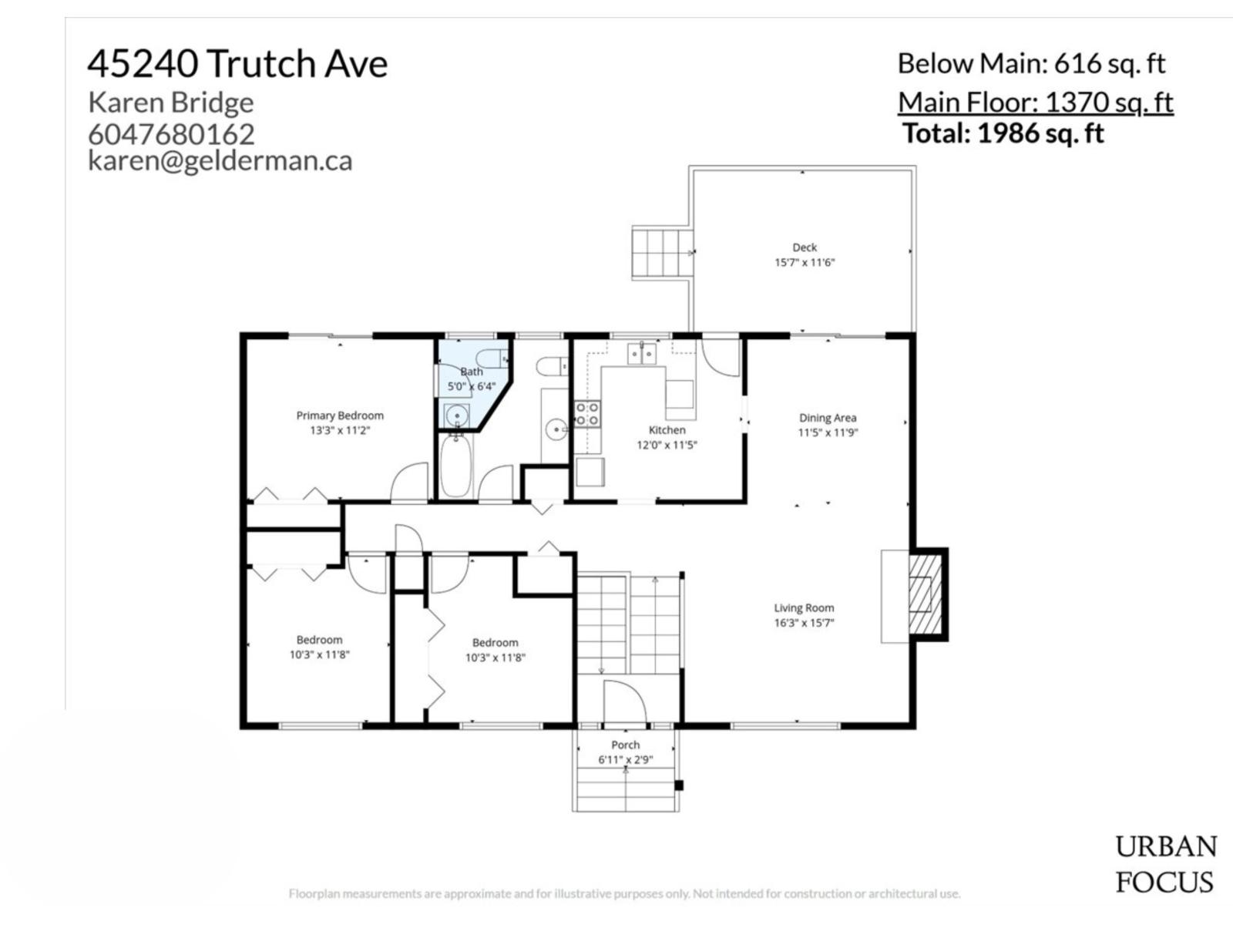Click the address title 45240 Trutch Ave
click(237, 63)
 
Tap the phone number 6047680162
click(171, 134)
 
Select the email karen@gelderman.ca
click(220, 160)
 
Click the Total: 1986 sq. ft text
click(1003, 133)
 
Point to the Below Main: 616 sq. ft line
click(1031, 63)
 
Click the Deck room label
click(805, 247)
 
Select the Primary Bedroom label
click(340, 415)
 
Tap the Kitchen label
click(667, 430)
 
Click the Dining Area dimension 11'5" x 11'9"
click(828, 432)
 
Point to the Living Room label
click(804, 607)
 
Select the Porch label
click(625, 745)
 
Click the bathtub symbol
click(455, 467)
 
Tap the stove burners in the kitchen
click(587, 414)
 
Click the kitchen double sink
click(641, 353)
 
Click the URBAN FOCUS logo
click(1165, 864)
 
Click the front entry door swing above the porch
click(623, 702)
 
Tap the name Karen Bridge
click(171, 102)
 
